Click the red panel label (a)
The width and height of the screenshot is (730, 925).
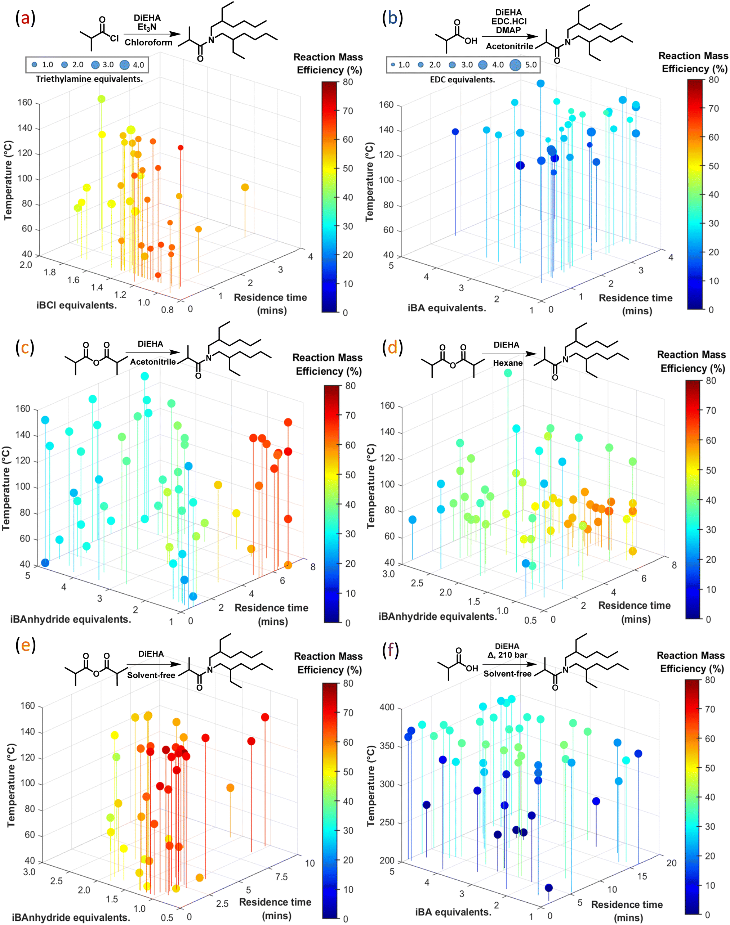25,19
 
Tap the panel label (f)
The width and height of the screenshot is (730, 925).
390,650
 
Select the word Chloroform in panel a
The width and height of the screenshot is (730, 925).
148,42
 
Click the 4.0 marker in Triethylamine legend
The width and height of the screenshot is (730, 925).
124,65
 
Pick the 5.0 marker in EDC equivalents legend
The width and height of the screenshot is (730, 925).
516,64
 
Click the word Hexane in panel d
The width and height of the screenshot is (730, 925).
508,363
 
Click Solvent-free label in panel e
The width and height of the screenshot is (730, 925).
151,675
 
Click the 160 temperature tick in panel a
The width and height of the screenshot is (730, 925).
25,103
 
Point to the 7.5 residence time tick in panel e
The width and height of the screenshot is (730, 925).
281,877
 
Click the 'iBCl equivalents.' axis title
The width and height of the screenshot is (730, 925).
76,305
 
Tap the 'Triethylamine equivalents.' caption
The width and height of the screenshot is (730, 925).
89,79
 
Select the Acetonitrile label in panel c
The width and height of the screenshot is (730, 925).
153,362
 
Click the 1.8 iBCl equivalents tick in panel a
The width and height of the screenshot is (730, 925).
50,272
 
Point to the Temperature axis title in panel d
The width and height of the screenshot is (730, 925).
371,486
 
